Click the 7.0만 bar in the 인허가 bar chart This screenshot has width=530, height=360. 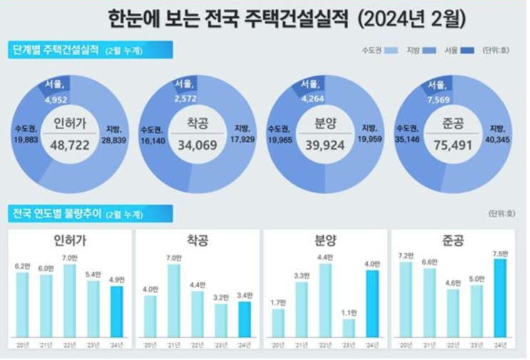pyautogui.click(x=69, y=300)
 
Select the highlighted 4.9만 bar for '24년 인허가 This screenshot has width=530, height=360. pyautogui.click(x=116, y=311)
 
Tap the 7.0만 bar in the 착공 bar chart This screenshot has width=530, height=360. pyautogui.click(x=173, y=300)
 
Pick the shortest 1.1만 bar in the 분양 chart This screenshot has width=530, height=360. pyautogui.click(x=348, y=327)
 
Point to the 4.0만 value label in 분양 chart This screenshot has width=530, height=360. pyautogui.click(x=372, y=264)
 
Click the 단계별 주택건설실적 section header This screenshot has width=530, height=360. pyautogui.click(x=54, y=50)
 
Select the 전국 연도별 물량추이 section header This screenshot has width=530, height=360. pyautogui.click(x=54, y=213)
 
